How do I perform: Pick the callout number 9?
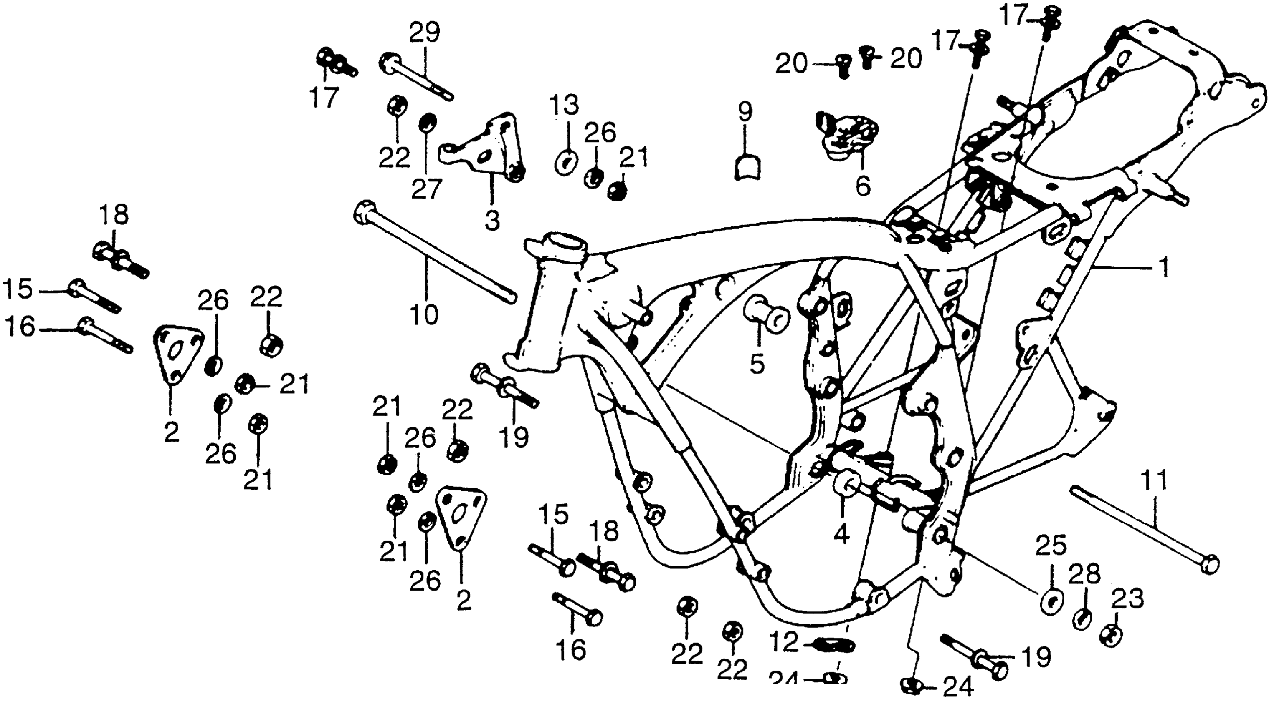click(745, 112)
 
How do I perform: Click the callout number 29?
click(424, 33)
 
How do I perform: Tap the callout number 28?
click(1084, 575)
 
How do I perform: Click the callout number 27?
click(426, 189)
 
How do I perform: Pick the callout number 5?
click(757, 364)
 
